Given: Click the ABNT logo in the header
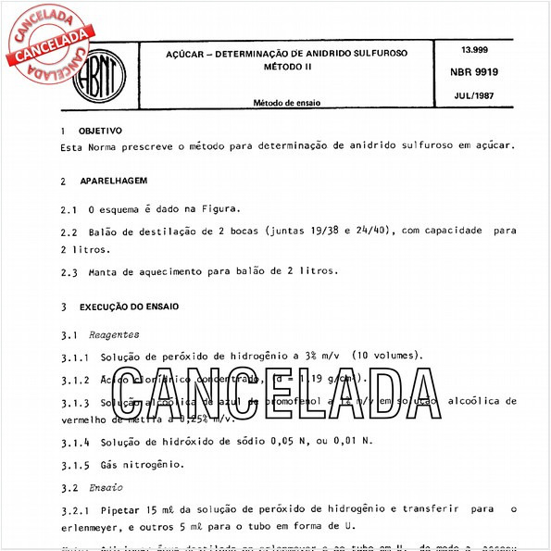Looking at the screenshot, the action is coord(103,70).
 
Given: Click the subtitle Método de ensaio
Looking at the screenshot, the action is coord(288,102).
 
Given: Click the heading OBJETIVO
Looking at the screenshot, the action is coord(100,131).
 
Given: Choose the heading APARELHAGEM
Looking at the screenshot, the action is coord(108,181).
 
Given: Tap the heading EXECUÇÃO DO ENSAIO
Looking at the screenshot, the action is coord(129,306).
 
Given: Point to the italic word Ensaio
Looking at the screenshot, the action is coord(106,486).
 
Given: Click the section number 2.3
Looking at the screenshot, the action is coord(69,271).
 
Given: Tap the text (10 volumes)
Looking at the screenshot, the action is coord(385,355).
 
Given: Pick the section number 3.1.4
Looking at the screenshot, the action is coord(76,442).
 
